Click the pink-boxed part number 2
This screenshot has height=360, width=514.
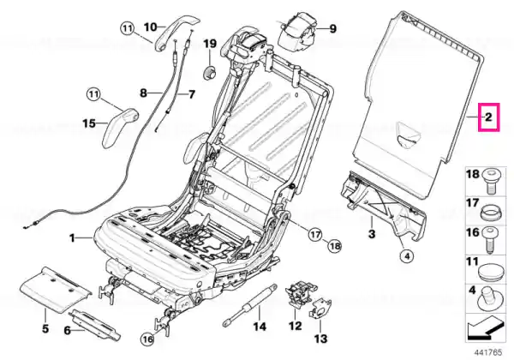(x=488, y=117)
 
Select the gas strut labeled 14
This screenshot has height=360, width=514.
(x=250, y=305)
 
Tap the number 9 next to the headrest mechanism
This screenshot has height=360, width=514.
(x=332, y=29)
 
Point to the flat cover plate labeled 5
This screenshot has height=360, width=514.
(x=54, y=287)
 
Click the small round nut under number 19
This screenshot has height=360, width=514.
(x=210, y=72)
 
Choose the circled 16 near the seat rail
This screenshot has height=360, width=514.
(x=148, y=339)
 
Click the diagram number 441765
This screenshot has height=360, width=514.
(x=487, y=352)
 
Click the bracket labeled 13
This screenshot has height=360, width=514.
(x=320, y=309)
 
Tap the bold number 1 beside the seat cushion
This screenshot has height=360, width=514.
(x=73, y=237)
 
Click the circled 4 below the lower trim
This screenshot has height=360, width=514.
(x=407, y=256)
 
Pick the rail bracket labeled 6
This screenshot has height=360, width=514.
(x=94, y=325)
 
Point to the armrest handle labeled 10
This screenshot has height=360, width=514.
(x=176, y=31)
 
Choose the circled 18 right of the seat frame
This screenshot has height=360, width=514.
(x=335, y=247)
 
